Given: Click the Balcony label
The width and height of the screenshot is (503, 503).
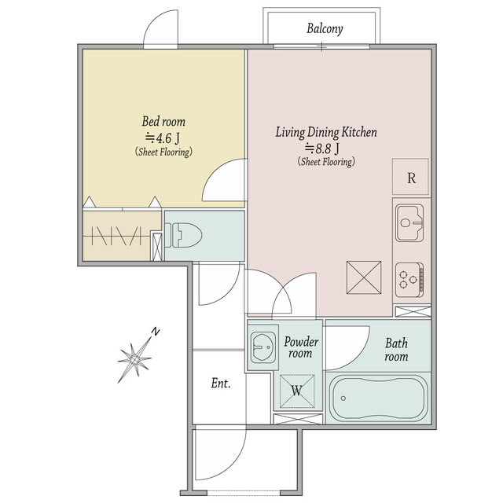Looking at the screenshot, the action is [325, 29].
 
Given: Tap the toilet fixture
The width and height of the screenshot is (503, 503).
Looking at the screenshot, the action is [183, 235].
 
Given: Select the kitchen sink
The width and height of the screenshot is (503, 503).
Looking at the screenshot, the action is [409, 222].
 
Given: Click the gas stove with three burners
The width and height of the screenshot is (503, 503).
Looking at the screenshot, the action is [409, 280].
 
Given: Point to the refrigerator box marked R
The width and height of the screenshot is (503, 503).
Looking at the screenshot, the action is [410, 176].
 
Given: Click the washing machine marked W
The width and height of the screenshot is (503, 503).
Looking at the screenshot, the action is [297, 391].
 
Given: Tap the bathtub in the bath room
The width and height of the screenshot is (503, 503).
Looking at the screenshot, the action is [379, 398].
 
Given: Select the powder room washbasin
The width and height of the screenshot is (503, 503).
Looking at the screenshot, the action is [263, 347].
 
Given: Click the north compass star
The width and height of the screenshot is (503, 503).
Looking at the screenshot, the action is [134, 358].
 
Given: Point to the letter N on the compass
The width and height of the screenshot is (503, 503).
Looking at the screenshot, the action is [156, 332].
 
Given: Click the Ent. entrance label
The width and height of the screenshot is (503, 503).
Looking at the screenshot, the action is [221, 383].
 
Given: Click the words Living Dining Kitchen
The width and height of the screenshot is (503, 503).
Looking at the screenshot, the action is [326, 132].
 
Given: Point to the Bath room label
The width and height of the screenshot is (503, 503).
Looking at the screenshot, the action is [396, 350].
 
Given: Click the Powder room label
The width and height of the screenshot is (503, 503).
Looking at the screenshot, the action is [301, 347].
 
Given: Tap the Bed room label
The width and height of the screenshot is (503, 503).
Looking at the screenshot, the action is [163, 122].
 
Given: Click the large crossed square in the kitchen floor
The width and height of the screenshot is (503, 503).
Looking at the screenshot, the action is [364, 277].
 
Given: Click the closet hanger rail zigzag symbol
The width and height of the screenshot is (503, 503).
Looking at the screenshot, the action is [116, 236].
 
